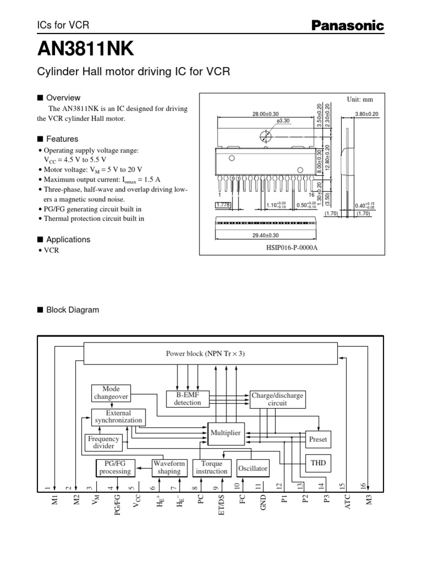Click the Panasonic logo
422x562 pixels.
click(x=348, y=25)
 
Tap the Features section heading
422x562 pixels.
click(x=62, y=139)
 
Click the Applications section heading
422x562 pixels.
click(x=68, y=239)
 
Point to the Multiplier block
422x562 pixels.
click(x=225, y=433)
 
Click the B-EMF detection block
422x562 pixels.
click(x=187, y=399)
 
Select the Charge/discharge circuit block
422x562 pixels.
click(x=277, y=399)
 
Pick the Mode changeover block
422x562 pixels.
click(x=110, y=393)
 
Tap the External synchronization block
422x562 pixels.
click(x=118, y=417)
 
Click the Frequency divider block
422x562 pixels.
click(x=103, y=442)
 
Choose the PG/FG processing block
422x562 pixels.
click(x=115, y=468)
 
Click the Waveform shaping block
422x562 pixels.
click(x=169, y=468)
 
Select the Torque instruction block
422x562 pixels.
click(x=211, y=468)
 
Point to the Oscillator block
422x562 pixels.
click(x=253, y=468)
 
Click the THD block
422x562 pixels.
click(x=318, y=463)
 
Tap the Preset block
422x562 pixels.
click(x=318, y=439)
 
